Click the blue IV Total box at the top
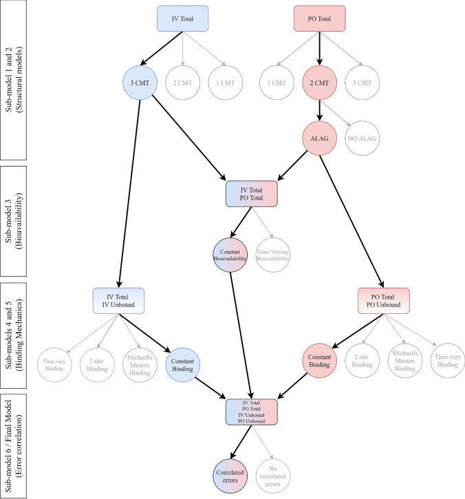tap(179, 16)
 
